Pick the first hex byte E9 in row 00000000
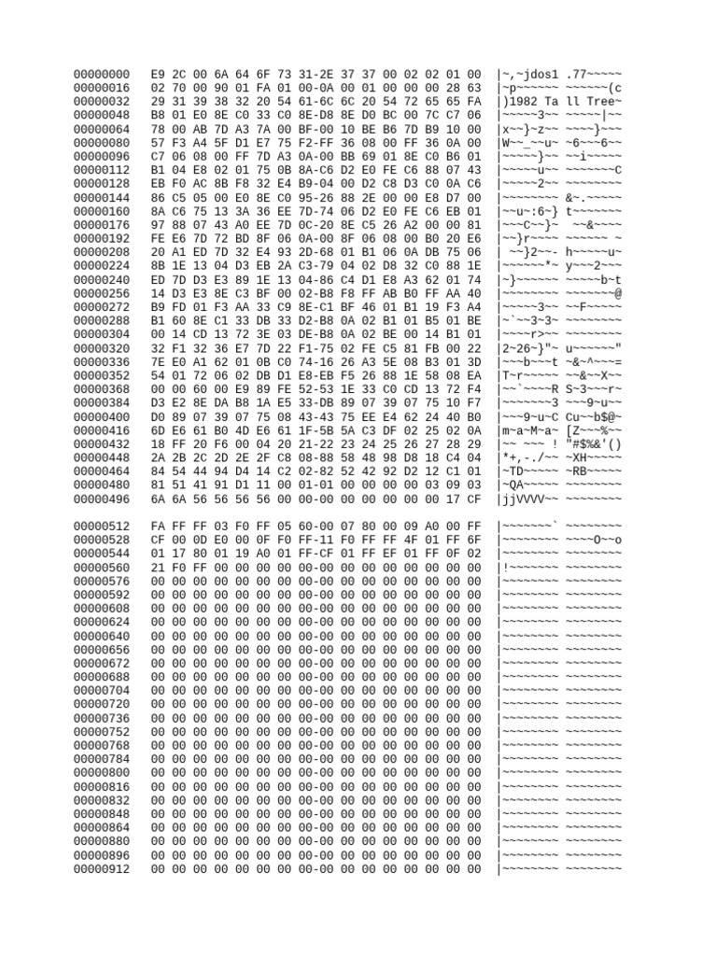click(158, 74)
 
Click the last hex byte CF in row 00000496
click(474, 499)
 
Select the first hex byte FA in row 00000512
click(158, 527)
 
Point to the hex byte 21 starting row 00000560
click(158, 568)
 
